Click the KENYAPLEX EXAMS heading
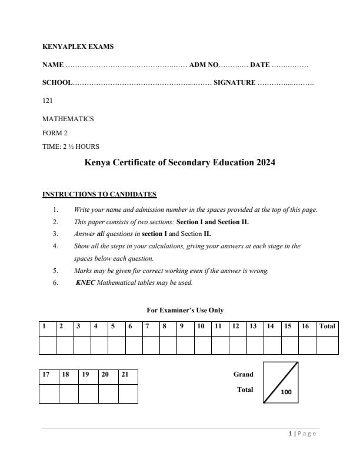click(x=78, y=46)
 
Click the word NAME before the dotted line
click(x=53, y=65)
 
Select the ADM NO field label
click(x=204, y=65)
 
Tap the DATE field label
click(x=260, y=65)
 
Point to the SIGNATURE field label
click(x=234, y=83)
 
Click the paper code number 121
click(x=48, y=101)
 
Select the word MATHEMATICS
click(x=68, y=119)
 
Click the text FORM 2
click(x=55, y=133)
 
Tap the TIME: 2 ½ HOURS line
click(x=71, y=147)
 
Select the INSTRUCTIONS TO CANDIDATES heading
click(x=99, y=194)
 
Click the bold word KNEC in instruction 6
click(x=85, y=282)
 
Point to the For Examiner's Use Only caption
click(x=185, y=310)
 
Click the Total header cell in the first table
click(x=327, y=326)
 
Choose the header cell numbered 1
click(x=47, y=326)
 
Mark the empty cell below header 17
click(x=49, y=393)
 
